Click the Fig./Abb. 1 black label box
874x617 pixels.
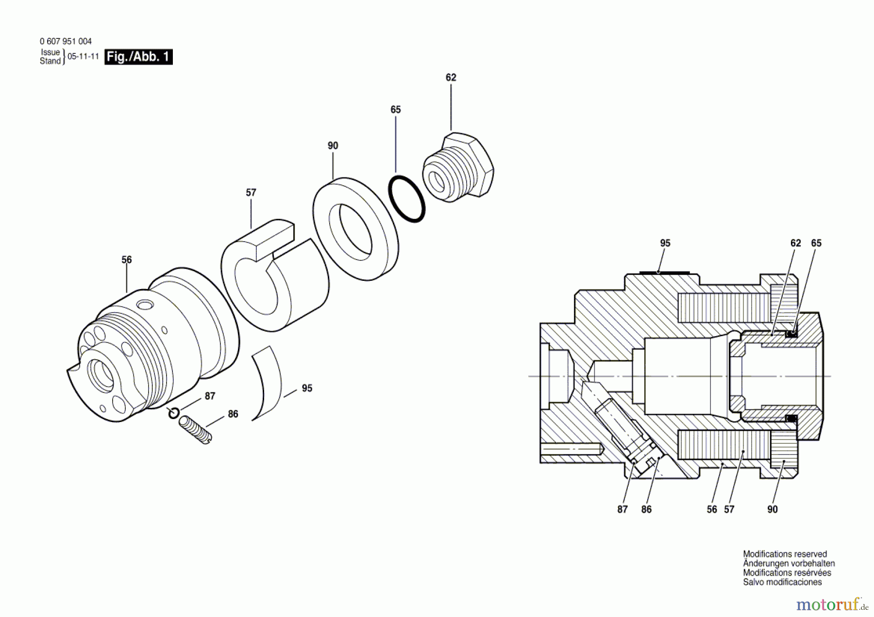(x=138, y=57)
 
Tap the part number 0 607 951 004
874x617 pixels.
(x=66, y=42)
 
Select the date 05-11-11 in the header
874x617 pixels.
(x=83, y=56)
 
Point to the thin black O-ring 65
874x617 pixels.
(x=406, y=199)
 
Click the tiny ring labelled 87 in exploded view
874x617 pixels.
(x=174, y=413)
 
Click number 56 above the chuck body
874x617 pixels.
(x=127, y=260)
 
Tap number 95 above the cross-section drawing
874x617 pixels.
(x=665, y=243)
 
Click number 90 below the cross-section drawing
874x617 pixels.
(x=773, y=509)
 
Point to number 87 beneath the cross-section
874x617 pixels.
(x=622, y=509)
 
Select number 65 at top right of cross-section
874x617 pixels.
(x=816, y=243)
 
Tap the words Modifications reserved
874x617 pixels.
(x=785, y=554)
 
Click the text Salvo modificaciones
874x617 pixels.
(x=782, y=582)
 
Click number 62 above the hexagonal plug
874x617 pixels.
(x=451, y=78)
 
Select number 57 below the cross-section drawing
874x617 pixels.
(x=729, y=509)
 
